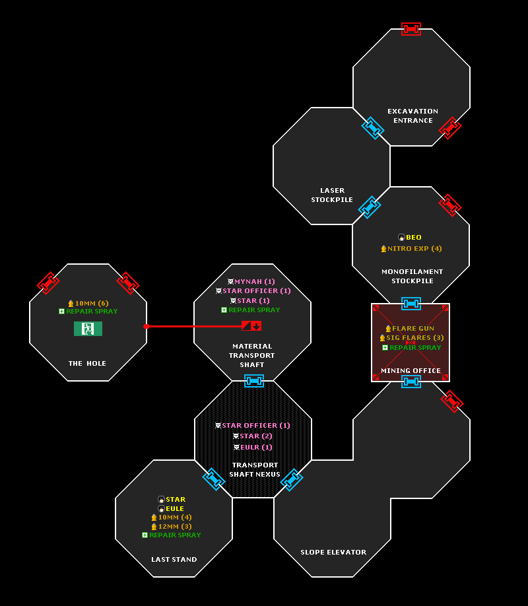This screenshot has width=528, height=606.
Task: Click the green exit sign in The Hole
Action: (88, 329)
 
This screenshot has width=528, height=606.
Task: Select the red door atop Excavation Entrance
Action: (411, 29)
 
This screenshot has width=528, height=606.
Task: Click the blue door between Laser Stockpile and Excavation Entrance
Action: (373, 127)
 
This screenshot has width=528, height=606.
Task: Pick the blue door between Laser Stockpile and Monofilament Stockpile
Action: (370, 207)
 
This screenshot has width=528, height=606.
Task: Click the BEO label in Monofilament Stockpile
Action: (410, 237)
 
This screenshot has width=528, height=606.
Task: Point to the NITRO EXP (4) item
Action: (411, 248)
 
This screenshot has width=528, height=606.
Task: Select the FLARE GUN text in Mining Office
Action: (410, 329)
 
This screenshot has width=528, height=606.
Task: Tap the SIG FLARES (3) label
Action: (412, 338)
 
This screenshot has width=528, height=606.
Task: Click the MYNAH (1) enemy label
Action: (251, 281)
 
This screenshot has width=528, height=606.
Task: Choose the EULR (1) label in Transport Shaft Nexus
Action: (253, 447)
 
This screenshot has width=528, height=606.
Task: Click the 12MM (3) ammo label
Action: (171, 526)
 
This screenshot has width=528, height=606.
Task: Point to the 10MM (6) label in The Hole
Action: (88, 304)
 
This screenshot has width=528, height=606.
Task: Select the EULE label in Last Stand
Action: (171, 508)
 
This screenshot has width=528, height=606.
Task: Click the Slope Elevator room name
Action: (333, 553)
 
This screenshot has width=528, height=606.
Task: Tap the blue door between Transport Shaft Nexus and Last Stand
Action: (214, 479)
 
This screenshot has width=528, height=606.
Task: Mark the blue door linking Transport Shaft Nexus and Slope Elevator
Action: (292, 480)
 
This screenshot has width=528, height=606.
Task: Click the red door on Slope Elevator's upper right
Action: (452, 401)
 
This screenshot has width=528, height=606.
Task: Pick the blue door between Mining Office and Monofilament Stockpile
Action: (411, 304)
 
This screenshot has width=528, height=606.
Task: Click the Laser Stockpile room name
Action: (332, 195)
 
